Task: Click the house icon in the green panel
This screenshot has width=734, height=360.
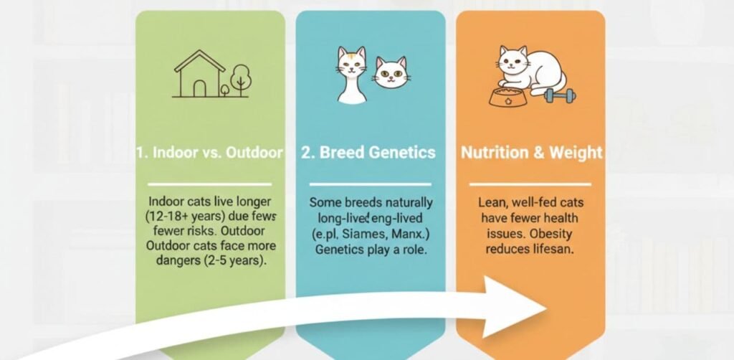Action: pyautogui.click(x=198, y=74)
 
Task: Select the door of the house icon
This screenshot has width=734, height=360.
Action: pyautogui.click(x=199, y=88)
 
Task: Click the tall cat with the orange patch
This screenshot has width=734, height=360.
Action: pyautogui.click(x=351, y=75)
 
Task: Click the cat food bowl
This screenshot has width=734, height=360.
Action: pyautogui.click(x=505, y=96)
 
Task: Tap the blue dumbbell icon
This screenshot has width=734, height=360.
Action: pyautogui.click(x=559, y=96)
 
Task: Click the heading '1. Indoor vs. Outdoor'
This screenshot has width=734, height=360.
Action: pyautogui.click(x=209, y=153)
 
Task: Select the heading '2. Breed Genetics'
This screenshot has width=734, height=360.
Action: pyautogui.click(x=370, y=153)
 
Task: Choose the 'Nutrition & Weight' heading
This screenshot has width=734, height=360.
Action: pyautogui.click(x=531, y=153)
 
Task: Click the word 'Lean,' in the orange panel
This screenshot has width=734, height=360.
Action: pyautogui.click(x=493, y=203)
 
